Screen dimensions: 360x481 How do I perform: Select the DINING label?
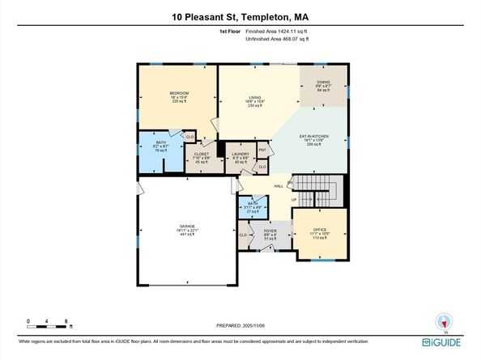323,82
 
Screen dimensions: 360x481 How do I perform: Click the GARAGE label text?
188,226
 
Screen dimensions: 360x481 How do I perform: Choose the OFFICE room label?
320,230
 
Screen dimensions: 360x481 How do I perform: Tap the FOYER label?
270,231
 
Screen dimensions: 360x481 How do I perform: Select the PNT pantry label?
262,150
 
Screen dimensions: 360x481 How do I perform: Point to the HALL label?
279,186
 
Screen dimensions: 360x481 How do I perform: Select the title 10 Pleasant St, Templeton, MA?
240,16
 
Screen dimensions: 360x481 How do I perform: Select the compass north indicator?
442,320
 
